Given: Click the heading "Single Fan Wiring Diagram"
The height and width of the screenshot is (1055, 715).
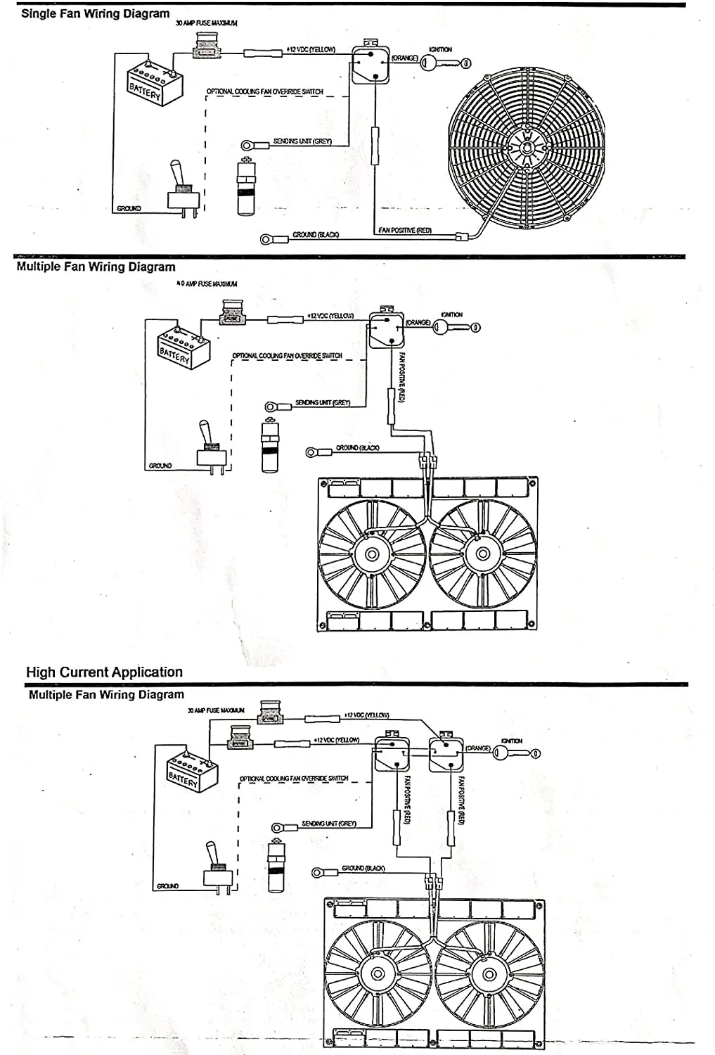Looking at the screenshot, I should pos(95,13).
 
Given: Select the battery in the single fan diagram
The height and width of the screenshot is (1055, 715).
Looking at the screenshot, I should pos(154,83).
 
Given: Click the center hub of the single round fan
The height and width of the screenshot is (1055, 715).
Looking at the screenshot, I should pos(526,148).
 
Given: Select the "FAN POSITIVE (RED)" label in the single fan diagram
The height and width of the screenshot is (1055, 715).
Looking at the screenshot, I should pos(405,231).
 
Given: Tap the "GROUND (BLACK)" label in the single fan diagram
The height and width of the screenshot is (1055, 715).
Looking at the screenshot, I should pos(316,234).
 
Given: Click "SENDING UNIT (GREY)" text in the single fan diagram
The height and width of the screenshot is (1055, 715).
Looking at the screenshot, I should pos(302,141).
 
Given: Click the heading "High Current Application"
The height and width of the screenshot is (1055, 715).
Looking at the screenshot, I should pos(104,672).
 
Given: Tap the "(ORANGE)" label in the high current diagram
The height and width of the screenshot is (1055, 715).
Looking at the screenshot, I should pos(477,748).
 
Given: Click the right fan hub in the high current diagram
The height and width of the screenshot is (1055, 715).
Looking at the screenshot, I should pos(487,973).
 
